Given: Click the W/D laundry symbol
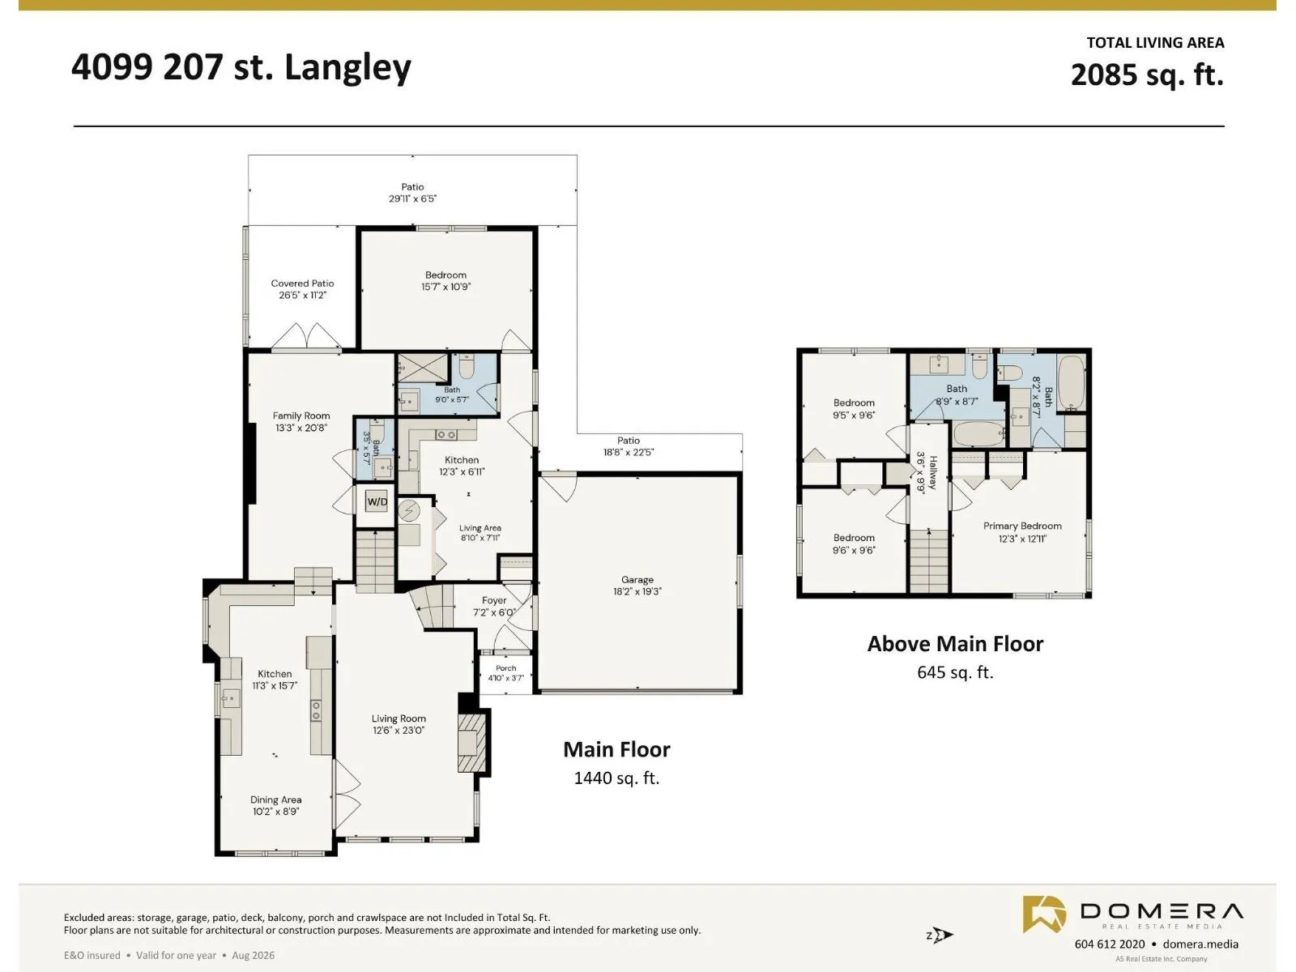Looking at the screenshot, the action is (x=377, y=502).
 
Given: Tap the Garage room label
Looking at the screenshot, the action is (x=637, y=579).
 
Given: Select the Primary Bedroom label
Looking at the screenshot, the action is (x=1022, y=526).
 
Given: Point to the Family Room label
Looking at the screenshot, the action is (x=301, y=416).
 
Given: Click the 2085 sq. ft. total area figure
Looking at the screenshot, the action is (x=1147, y=75).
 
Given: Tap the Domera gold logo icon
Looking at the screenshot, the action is (x=1044, y=914).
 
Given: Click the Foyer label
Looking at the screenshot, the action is (x=494, y=600).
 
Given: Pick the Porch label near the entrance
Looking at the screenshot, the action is (x=505, y=668).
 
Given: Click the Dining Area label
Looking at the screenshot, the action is (x=275, y=799).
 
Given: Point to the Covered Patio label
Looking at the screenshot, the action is (x=302, y=283).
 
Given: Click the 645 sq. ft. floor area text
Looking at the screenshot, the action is (x=955, y=672).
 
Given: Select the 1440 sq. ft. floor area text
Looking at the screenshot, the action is (x=616, y=778).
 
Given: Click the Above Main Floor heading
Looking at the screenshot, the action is (x=955, y=643).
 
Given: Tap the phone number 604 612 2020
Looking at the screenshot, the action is (x=1110, y=944).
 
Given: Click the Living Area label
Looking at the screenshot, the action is (x=480, y=528).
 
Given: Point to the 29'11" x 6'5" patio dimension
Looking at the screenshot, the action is (x=412, y=199).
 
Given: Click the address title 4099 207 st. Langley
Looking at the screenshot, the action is (x=241, y=68).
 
